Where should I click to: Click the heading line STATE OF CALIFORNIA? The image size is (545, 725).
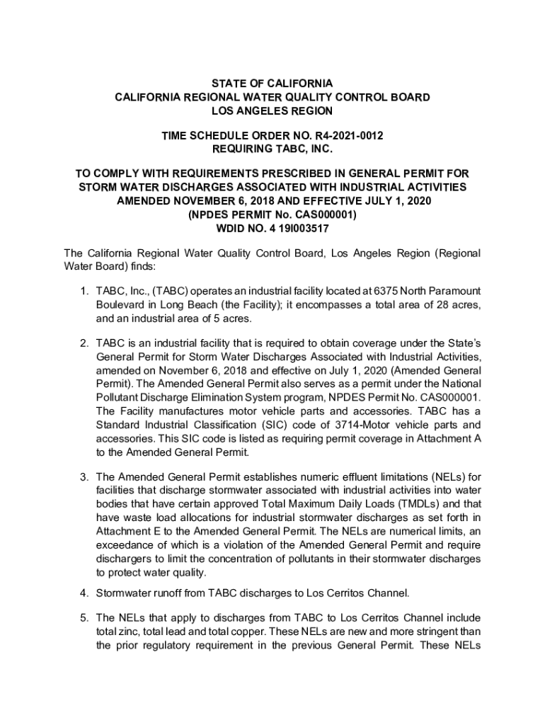tap(272, 84)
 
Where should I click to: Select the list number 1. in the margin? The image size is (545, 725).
tap(83, 292)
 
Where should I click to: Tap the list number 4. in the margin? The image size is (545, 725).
tap(83, 592)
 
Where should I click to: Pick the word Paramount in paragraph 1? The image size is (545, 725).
tap(451, 292)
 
